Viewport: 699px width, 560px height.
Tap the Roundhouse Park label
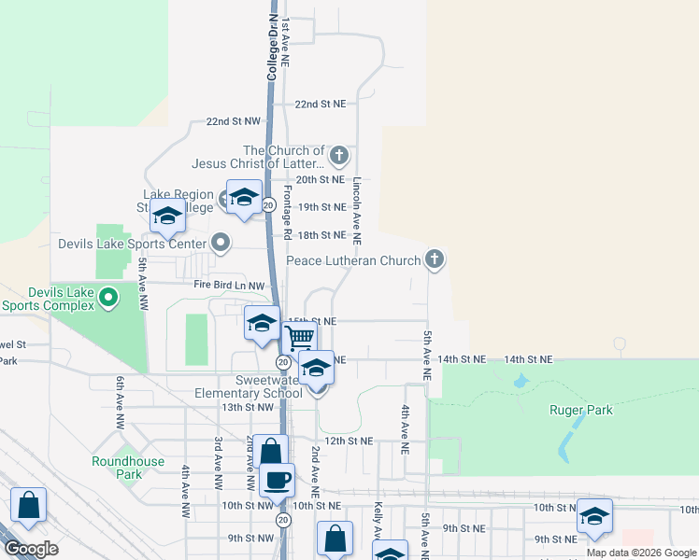[x=128, y=468]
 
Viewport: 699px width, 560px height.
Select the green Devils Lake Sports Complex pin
[x=108, y=299]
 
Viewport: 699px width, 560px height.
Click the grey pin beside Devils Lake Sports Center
[x=221, y=244]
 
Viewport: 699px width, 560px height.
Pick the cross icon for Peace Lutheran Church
[x=434, y=260]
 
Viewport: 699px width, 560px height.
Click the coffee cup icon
[x=277, y=481]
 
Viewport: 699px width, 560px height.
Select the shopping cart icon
[x=299, y=337]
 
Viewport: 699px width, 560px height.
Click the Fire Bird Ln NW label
[x=230, y=285]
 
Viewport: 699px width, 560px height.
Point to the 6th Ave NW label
[x=121, y=402]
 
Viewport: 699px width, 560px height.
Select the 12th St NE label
[x=349, y=441]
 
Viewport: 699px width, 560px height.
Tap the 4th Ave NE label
[x=406, y=428]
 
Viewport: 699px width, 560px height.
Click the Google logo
[x=32, y=549]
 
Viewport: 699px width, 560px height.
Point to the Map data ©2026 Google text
[x=641, y=553]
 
